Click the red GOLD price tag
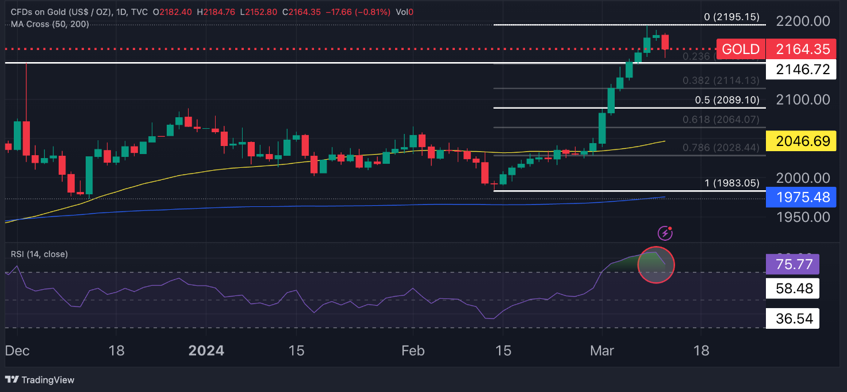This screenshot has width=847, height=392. tap(741, 49)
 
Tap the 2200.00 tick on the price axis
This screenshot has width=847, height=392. tap(803, 21)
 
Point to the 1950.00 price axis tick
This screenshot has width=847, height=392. tap(803, 217)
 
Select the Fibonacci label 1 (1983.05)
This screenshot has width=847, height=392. tap(731, 183)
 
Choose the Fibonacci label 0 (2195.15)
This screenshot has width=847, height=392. tap(731, 17)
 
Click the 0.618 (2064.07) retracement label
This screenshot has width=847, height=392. tap(720, 120)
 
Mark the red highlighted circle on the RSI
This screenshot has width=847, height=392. tap(656, 265)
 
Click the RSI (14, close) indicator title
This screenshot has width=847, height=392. tap(39, 253)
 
